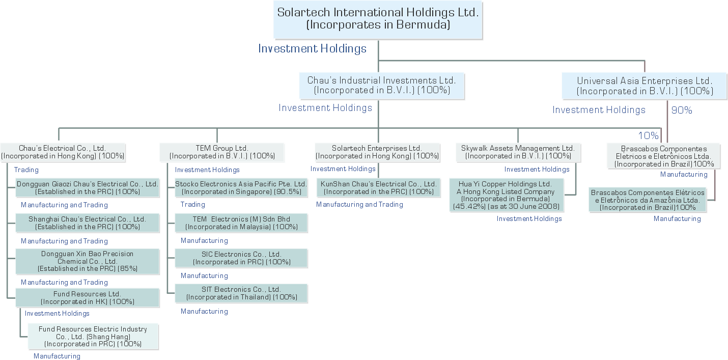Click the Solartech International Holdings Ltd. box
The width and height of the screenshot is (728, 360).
pos(378,19)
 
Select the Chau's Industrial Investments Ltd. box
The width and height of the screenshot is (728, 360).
pos(382,86)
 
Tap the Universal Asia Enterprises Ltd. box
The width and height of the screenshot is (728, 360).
pos(645,86)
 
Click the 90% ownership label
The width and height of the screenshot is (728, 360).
pos(682,110)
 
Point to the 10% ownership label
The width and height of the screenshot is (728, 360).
pos(648,135)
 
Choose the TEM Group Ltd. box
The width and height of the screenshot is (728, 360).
pos(222,152)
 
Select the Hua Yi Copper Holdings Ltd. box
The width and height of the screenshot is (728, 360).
pos(506,195)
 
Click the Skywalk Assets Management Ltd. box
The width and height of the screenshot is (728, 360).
pos(518,152)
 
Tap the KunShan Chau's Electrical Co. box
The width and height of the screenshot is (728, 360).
pos(379,188)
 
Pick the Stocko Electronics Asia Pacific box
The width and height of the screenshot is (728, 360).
pos(241,188)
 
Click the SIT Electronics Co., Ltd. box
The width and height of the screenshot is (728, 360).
pos(241,293)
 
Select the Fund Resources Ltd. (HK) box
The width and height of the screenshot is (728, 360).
pos(87,298)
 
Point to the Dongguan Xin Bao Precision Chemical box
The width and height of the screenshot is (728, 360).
pos(87,261)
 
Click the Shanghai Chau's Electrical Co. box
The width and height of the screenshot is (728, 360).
pos(87,223)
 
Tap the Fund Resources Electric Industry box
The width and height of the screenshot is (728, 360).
pos(93,337)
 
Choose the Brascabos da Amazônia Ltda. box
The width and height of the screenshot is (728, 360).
pos(648,200)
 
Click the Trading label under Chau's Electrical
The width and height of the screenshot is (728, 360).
pos(26,170)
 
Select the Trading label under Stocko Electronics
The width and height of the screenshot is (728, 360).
pos(193,205)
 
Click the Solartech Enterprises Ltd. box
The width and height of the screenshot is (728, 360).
pos(377,152)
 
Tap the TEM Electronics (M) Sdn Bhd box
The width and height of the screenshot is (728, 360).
pos(241,223)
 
